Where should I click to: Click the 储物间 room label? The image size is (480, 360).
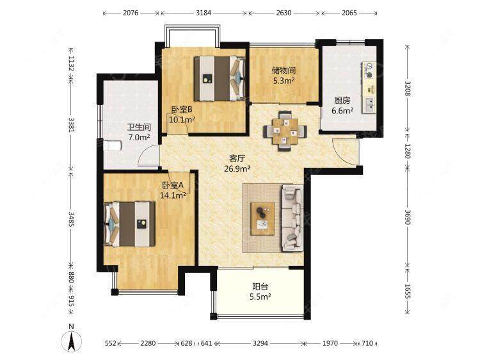click(284, 70)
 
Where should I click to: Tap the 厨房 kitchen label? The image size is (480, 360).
click(342, 101)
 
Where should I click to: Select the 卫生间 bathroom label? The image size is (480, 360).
click(139, 127)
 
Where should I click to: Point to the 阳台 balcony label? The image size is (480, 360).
click(260, 286)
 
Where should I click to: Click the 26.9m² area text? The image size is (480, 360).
click(237, 168)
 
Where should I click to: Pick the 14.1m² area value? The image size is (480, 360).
click(173, 195)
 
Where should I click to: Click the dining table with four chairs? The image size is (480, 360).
click(285, 131)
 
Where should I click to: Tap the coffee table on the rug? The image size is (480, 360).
click(262, 218)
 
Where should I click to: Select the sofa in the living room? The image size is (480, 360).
click(292, 218)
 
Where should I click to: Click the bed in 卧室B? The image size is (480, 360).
click(220, 78)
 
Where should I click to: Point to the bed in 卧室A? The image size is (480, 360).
click(129, 224)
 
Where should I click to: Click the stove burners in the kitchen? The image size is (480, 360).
click(370, 70)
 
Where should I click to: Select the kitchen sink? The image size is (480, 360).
click(370, 104)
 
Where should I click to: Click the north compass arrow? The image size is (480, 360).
click(71, 341)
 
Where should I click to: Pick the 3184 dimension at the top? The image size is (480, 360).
click(204, 13)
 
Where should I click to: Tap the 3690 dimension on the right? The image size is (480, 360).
click(407, 217)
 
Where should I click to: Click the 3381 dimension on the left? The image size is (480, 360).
click(70, 125)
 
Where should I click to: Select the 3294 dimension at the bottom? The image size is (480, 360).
click(260, 343)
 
